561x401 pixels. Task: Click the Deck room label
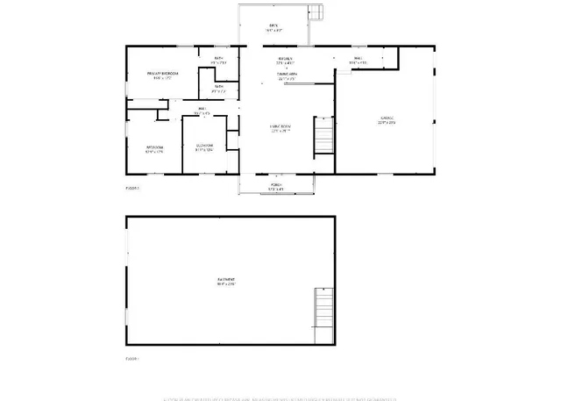tap(273, 25)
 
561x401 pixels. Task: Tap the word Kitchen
tap(284, 59)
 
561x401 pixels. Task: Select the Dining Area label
tap(287, 74)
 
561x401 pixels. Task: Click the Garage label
tap(387, 118)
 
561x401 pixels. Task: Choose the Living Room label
tap(280, 127)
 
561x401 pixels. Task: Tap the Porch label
tap(275, 183)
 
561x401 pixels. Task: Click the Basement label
tap(227, 280)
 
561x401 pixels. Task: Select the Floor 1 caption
tap(132, 188)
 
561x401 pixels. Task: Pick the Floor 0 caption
tap(132, 358)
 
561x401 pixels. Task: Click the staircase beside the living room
tap(324, 139)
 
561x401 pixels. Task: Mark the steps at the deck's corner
tap(315, 11)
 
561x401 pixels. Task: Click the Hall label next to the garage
tap(358, 59)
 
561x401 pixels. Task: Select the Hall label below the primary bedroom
tap(202, 109)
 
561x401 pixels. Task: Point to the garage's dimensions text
tap(387, 123)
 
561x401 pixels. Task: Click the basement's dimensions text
tap(227, 284)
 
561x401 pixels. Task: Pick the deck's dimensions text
tap(273, 31)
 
